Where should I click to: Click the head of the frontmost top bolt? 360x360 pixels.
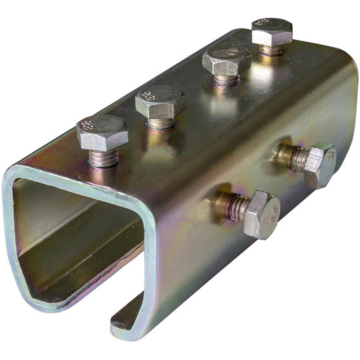pos(102,132)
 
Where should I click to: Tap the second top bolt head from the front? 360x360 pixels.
pos(160,101)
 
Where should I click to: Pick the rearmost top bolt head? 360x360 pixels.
pos(272,31)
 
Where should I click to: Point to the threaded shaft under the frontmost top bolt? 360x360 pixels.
pos(105,158)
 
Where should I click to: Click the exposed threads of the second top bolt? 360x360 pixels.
pos(160,123)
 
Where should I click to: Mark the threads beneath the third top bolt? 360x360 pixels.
pos(227,79)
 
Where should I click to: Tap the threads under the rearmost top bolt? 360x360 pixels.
pos(271,49)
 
